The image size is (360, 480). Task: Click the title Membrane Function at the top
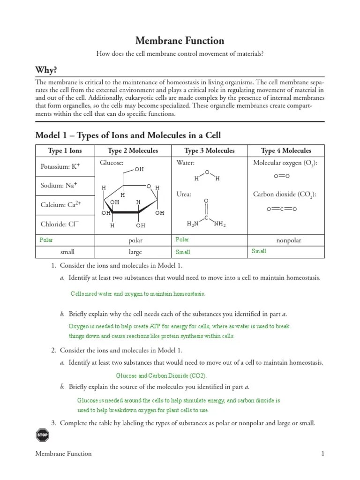click(180, 41)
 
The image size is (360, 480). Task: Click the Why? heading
click(46, 70)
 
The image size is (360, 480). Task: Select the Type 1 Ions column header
click(65, 150)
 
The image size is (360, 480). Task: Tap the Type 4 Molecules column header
click(286, 150)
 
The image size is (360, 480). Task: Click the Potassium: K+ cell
click(60, 166)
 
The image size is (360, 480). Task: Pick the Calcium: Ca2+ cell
click(60, 205)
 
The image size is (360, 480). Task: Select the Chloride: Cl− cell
click(59, 225)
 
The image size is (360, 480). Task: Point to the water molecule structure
click(207, 176)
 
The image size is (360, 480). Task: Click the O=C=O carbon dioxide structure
click(282, 209)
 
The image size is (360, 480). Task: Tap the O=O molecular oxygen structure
click(282, 176)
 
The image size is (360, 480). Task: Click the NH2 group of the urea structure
click(220, 225)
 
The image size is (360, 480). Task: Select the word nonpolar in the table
click(289, 240)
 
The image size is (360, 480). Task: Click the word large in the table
click(135, 252)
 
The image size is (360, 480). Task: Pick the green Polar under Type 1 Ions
click(46, 240)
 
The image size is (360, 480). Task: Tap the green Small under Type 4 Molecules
click(259, 251)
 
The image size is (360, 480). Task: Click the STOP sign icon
click(42, 435)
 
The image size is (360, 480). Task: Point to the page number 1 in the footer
click(322, 453)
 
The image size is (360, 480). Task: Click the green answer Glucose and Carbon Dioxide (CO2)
click(161, 375)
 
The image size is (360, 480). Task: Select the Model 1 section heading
click(128, 135)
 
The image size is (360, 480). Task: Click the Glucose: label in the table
click(111, 163)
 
